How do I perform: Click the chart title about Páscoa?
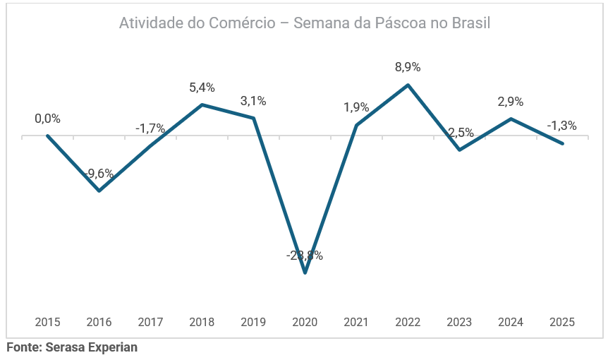pyautogui.click(x=304, y=23)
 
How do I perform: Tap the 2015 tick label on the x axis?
pyautogui.click(x=47, y=322)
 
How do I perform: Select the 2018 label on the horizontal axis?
pyautogui.click(x=202, y=322)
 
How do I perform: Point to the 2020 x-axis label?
pyautogui.click(x=305, y=322)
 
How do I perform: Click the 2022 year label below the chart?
pyautogui.click(x=408, y=322)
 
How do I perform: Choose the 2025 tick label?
pyautogui.click(x=562, y=322)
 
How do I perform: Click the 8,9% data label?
pyautogui.click(x=408, y=68)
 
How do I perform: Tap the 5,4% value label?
pyautogui.click(x=202, y=88)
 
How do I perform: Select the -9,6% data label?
pyautogui.click(x=99, y=174)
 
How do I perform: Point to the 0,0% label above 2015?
pyautogui.click(x=48, y=119)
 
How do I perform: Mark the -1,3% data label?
pyautogui.click(x=561, y=126)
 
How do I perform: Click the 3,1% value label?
pyautogui.click(x=253, y=101)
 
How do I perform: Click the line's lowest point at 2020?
pyautogui.click(x=305, y=272)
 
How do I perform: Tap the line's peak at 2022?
pyautogui.click(x=408, y=85)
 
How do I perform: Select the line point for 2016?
pyautogui.click(x=99, y=191)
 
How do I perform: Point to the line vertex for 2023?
pyautogui.click(x=459, y=150)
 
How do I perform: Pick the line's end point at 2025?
pyautogui.click(x=562, y=143)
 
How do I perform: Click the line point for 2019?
pyautogui.click(x=253, y=118)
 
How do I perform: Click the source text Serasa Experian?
pyautogui.click(x=72, y=347)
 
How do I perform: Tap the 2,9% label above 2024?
pyautogui.click(x=511, y=102)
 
